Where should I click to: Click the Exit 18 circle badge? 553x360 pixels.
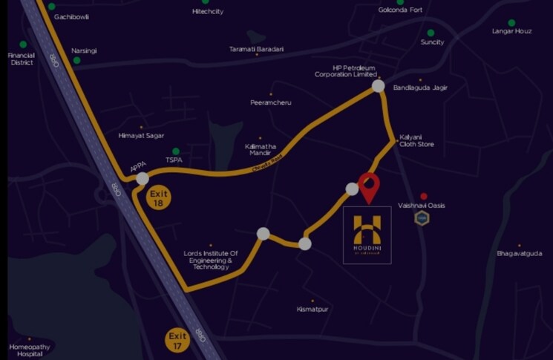coord(158,198)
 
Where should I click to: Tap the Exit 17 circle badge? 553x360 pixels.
coord(177,341)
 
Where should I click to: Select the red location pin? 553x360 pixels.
coord(368,186)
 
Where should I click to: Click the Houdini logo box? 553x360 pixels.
coord(367,235)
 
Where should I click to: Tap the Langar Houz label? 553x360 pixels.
coord(511,31)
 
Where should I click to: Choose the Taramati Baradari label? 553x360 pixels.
coord(257,49)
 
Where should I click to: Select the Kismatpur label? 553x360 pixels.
coord(313,307)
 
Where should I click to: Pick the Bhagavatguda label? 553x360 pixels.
coord(519,254)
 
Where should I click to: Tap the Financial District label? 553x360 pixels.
coord(22,59)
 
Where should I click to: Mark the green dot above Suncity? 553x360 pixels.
coord(431,33)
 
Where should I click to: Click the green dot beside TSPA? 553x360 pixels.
coord(176,151)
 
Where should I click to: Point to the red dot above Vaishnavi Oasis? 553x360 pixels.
coord(423,196)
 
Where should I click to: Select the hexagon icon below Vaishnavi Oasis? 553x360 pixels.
coord(422,217)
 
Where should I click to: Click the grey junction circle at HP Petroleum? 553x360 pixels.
coord(378,86)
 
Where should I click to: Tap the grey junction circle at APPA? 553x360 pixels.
coord(143,178)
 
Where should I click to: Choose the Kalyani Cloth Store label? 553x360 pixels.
coord(416,141)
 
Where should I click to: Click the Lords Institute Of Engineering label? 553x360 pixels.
coord(211,260)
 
